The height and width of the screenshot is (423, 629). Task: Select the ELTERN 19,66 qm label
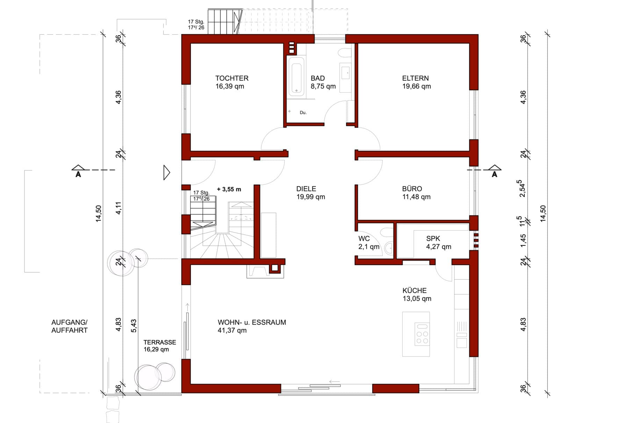click(x=416, y=82)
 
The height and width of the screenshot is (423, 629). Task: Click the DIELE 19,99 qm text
click(x=311, y=193)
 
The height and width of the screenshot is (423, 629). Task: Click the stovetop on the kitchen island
click(x=422, y=334)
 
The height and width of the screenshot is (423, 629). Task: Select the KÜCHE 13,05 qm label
click(x=417, y=294)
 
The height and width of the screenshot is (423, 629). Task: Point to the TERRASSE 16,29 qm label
click(x=160, y=346)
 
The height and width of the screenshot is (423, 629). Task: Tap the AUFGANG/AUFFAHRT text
click(x=69, y=326)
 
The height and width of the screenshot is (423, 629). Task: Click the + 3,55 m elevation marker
click(x=229, y=189)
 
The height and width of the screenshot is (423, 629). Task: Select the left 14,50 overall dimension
click(x=98, y=213)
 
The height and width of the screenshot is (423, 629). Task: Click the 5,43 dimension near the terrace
click(x=134, y=325)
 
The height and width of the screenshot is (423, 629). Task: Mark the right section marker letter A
click(x=494, y=174)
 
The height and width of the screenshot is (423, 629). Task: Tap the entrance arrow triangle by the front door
click(x=167, y=172)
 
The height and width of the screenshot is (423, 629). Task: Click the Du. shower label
click(x=303, y=113)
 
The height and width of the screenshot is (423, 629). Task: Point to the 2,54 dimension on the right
click(x=522, y=188)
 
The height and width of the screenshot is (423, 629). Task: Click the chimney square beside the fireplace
click(x=274, y=268)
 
